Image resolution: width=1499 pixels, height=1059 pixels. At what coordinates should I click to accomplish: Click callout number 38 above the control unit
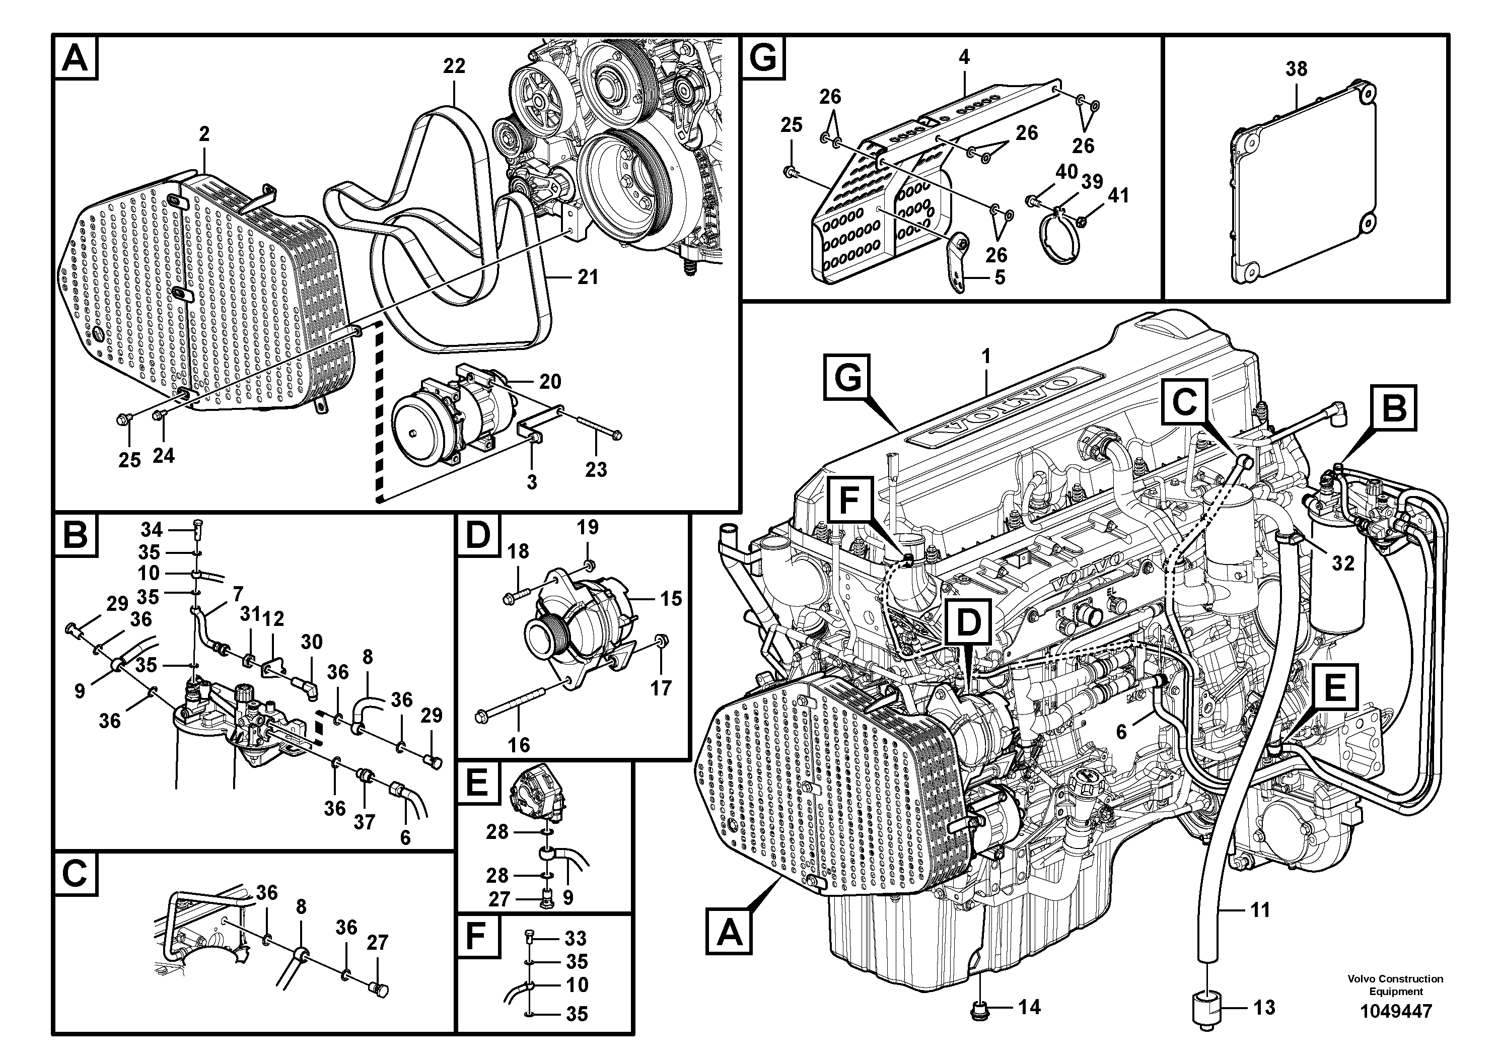(x=1296, y=68)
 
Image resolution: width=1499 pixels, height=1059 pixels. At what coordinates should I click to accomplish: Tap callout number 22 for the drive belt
(x=454, y=66)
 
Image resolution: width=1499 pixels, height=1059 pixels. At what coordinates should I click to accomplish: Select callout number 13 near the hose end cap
(x=1264, y=1008)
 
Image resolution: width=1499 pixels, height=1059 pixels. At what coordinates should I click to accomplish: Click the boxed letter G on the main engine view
(x=847, y=378)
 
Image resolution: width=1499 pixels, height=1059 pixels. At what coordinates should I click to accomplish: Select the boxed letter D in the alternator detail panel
(x=478, y=536)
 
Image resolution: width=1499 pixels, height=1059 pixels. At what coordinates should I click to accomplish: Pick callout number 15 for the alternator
(x=671, y=599)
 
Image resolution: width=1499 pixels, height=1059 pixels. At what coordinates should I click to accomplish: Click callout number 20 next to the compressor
(x=550, y=381)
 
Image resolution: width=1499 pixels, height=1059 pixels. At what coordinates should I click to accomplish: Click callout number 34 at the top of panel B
(x=152, y=529)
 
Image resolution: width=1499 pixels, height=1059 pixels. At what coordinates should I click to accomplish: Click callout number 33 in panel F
(x=575, y=938)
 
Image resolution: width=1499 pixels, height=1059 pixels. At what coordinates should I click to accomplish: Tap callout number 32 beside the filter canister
(x=1343, y=563)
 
